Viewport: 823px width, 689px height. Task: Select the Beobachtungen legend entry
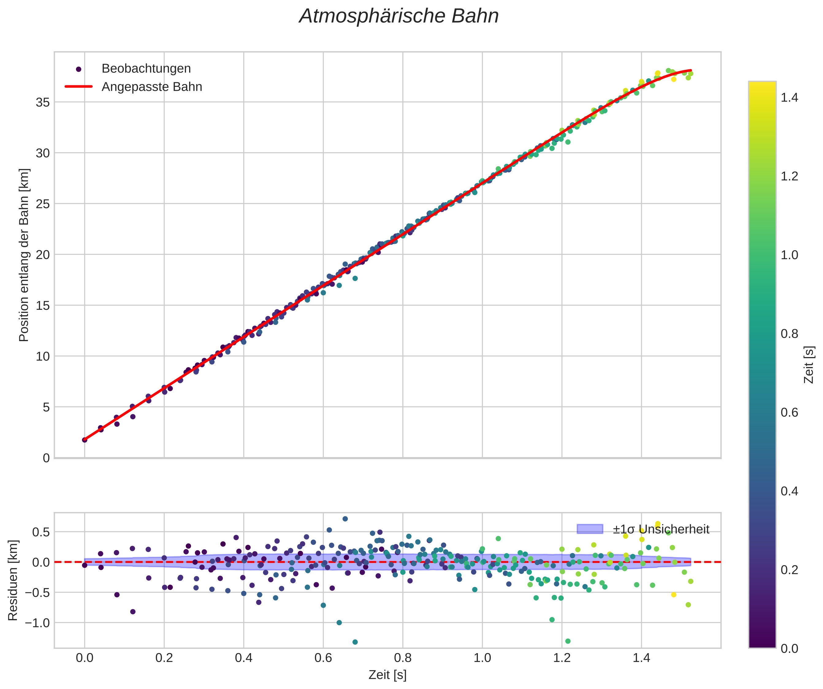[146, 69]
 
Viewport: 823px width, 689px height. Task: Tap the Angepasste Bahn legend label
[152, 87]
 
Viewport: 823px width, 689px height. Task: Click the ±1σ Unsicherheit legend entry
[661, 529]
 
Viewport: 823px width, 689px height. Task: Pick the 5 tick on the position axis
[46, 407]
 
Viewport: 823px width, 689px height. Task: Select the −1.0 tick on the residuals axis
[38, 623]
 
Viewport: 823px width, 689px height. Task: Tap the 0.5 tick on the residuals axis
[41, 532]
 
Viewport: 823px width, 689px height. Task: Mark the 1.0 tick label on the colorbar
[789, 255]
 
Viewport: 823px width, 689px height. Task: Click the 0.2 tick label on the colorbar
[789, 570]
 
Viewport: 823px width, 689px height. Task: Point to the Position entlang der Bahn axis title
[24, 255]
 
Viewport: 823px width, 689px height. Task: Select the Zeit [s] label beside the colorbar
[809, 365]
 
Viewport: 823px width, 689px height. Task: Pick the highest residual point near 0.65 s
[345, 519]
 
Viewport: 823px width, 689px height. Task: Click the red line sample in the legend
[78, 87]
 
